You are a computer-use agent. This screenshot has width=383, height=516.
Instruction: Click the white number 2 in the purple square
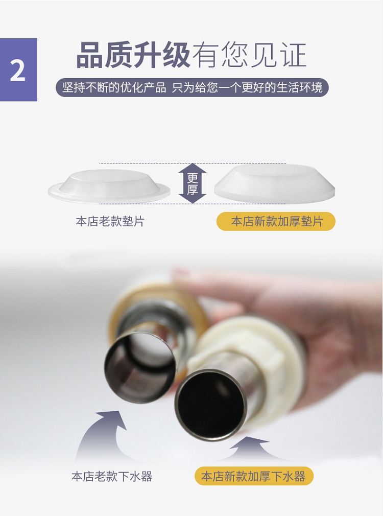[x=18, y=71]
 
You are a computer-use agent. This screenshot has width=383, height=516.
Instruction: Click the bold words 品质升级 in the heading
[x=133, y=55]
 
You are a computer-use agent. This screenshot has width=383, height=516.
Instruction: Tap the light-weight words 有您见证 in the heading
[x=249, y=55]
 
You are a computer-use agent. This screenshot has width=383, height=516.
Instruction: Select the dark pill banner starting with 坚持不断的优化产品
[x=192, y=87]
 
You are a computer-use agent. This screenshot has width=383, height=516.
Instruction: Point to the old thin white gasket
[x=109, y=186]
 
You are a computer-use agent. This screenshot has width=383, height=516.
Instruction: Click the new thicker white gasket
[x=274, y=183]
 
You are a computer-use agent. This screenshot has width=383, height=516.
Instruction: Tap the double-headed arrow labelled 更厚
[x=193, y=183]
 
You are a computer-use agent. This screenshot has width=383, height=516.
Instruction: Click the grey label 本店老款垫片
[x=110, y=221]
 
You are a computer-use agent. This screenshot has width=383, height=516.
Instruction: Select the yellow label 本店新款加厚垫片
[x=276, y=221]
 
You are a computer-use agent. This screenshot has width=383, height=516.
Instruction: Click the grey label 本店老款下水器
[x=112, y=476]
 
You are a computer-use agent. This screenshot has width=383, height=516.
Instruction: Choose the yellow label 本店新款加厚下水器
[x=253, y=476]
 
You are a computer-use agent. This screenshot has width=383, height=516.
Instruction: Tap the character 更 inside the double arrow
[x=193, y=178]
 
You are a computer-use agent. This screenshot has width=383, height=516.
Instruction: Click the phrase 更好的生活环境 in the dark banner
[x=282, y=87]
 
